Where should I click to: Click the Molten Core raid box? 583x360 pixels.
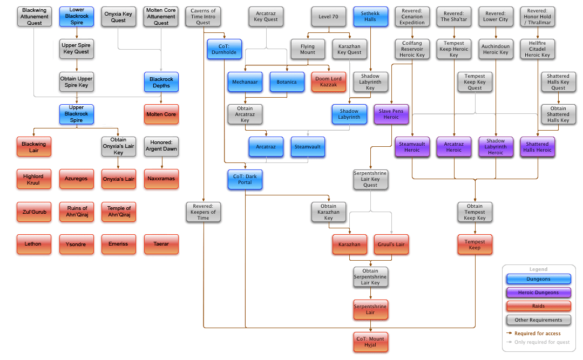[161, 114]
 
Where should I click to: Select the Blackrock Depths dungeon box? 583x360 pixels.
[161, 82]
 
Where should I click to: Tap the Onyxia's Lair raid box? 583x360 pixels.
[118, 179]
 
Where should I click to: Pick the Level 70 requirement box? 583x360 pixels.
[328, 17]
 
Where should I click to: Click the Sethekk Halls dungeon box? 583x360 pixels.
[370, 17]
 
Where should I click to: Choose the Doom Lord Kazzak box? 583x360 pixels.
[328, 82]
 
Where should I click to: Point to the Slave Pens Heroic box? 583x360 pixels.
[391, 114]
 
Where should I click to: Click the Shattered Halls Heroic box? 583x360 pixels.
[537, 147]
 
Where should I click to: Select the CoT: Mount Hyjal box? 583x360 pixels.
[370, 342]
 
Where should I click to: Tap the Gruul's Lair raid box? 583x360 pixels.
[391, 244]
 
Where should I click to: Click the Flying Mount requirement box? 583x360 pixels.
[307, 50]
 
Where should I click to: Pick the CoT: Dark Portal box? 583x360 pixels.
[245, 179]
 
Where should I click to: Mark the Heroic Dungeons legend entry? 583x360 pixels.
[538, 293]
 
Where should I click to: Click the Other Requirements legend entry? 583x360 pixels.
[538, 320]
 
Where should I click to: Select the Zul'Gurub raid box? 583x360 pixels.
[35, 212]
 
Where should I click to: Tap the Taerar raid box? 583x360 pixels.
[161, 244]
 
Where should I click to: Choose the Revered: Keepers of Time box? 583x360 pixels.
[203, 212]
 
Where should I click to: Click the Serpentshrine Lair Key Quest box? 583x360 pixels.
[370, 179]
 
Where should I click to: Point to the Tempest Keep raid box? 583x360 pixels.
[475, 244]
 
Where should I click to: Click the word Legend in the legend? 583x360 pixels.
[538, 269]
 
